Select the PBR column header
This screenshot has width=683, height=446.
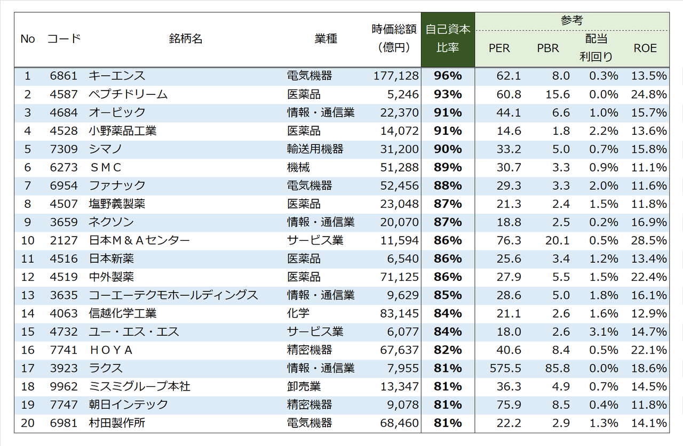click(x=548, y=48)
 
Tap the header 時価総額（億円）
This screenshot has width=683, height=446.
click(x=394, y=38)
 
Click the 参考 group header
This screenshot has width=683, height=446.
click(x=571, y=21)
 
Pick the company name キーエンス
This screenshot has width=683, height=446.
click(x=117, y=76)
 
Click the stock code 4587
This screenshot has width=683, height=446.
click(x=63, y=94)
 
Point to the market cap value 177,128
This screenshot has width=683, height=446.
click(x=396, y=76)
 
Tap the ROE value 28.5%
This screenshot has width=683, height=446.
click(x=649, y=240)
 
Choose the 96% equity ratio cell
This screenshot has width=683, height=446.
click(x=448, y=76)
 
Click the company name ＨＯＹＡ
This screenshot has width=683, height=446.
click(x=111, y=350)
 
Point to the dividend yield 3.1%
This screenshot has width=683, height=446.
click(x=603, y=332)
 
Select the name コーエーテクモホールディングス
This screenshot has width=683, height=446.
click(x=173, y=295)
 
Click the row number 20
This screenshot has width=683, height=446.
click(x=27, y=423)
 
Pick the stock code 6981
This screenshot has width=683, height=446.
click(x=63, y=423)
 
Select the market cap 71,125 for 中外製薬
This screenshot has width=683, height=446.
click(x=399, y=277)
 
